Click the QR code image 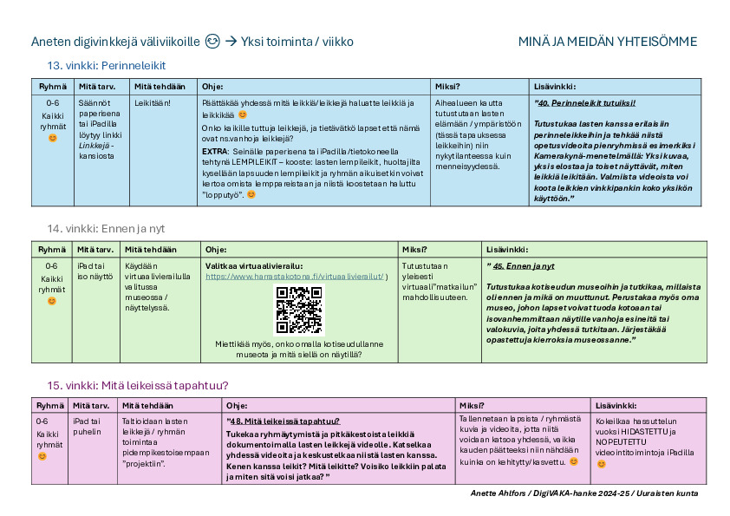pos(298,310)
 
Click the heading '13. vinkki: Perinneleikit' pos(106,65)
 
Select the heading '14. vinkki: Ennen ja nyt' pos(106,228)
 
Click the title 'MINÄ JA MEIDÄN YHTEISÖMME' pos(607,42)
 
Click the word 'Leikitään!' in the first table pos(152,102)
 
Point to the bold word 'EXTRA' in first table pos(215,150)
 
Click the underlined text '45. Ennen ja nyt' pos(523,265)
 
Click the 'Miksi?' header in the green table pos(414,249)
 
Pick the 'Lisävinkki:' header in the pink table pos(616,405)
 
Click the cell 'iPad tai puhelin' pos(89,425)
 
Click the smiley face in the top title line pos(212,42)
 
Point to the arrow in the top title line pos(231,42)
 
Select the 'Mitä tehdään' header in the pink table pos(147,405)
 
